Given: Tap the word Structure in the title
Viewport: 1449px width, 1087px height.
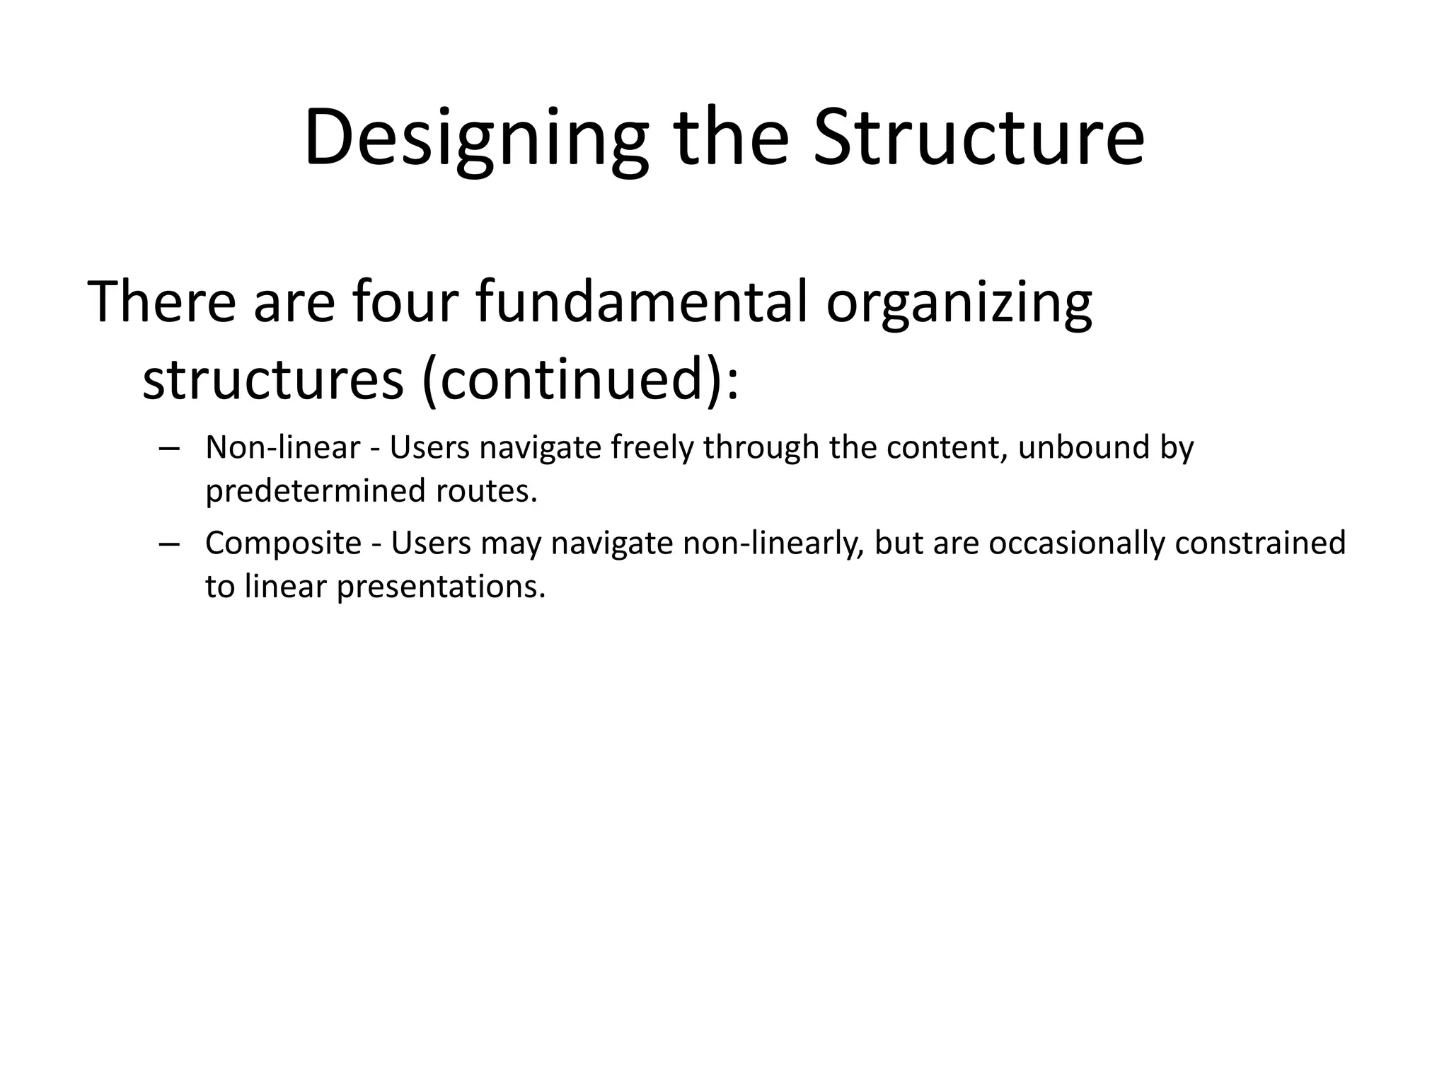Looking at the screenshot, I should (x=978, y=138).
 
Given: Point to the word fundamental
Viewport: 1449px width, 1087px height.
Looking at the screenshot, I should (x=641, y=302).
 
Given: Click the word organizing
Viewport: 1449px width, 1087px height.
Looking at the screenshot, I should (x=959, y=302).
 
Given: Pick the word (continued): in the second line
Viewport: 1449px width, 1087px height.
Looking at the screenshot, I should (x=580, y=380).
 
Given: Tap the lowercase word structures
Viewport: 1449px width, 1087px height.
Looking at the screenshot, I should (x=273, y=380).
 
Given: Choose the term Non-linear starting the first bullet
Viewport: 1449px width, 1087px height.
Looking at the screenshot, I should (x=283, y=448).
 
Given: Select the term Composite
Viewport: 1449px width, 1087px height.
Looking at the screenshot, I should (x=283, y=543).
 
